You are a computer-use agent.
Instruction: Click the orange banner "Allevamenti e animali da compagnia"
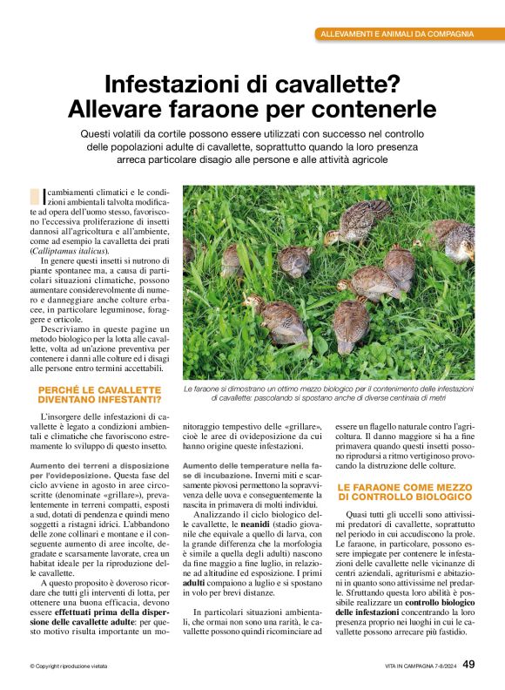click(x=397, y=34)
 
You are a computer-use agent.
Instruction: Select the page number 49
click(x=468, y=665)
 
